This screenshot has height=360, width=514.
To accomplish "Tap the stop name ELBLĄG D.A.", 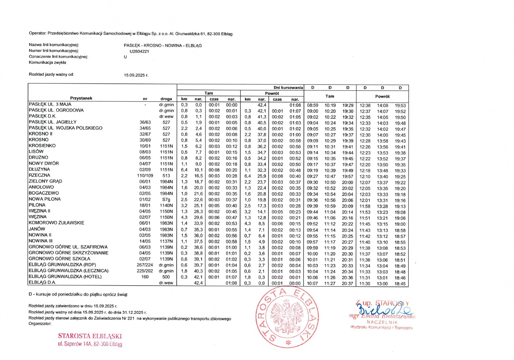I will (43, 283).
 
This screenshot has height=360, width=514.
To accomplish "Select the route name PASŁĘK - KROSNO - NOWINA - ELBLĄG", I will (163, 45).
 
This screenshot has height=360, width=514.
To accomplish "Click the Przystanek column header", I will (81, 98).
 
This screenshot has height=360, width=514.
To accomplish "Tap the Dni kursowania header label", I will (289, 87).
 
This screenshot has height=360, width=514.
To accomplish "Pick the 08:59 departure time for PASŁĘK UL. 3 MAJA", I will (313, 105).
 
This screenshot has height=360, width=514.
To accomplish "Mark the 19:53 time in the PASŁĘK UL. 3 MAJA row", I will (400, 105).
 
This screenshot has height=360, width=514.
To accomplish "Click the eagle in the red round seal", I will (287, 318).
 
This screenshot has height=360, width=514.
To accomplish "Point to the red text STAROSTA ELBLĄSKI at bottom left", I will (90, 336).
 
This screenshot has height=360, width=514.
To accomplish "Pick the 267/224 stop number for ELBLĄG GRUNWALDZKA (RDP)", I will (145, 265).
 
